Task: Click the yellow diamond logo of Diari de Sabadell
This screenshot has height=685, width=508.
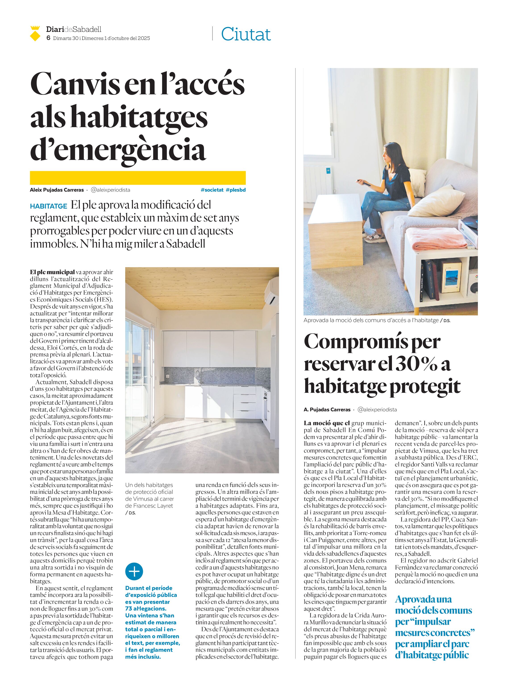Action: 35,34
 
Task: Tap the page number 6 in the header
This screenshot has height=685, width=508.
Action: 48,38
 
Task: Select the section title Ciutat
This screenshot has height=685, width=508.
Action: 246,34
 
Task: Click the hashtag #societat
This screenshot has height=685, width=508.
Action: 212,190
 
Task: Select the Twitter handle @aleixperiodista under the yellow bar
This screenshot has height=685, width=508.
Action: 110,190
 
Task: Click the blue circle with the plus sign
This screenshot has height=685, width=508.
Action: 134,572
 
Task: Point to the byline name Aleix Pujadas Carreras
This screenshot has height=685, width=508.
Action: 57,190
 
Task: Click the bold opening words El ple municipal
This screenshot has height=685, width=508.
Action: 52,272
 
